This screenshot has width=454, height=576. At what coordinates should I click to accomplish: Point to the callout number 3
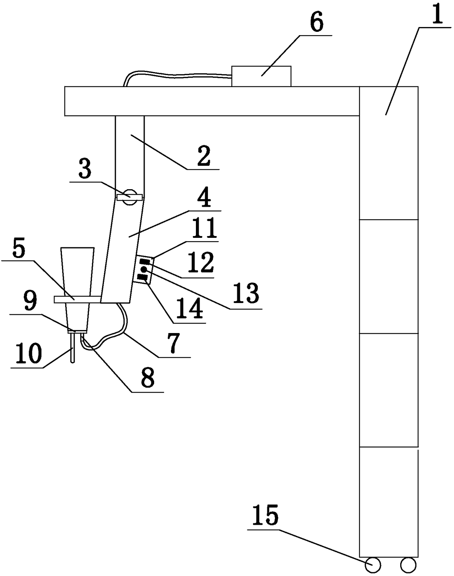[85, 170]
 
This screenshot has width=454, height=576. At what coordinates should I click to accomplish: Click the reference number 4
[204, 198]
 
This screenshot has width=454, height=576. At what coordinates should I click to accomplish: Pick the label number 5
[19, 249]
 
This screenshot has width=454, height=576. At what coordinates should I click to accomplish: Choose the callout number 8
[148, 378]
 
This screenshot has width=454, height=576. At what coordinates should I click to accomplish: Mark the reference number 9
[30, 302]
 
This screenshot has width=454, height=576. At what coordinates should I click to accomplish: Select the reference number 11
[204, 229]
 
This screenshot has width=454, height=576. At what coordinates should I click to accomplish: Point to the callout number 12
[201, 262]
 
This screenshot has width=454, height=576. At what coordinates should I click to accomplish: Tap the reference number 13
[247, 294]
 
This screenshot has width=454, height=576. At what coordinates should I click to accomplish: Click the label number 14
[190, 308]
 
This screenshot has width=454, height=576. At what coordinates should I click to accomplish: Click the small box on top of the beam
[261, 76]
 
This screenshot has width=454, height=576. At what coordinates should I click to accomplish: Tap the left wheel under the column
[373, 565]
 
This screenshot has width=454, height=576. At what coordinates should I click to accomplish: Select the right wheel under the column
[408, 565]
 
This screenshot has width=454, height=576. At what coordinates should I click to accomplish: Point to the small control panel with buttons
[144, 270]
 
